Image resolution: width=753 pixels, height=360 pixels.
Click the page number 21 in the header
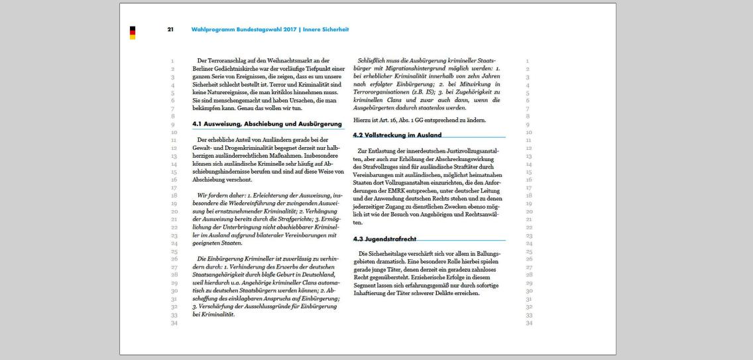coord(170,30)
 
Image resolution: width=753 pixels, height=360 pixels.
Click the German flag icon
coord(133,32)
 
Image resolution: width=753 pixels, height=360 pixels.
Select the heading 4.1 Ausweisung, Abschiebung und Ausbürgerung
coord(266,124)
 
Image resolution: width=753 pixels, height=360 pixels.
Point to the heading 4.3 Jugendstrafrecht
coord(384,239)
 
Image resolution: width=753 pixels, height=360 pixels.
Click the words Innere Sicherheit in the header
coord(326,30)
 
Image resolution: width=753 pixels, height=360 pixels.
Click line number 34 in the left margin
coord(174,324)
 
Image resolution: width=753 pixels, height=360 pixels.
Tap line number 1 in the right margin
coord(527,62)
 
